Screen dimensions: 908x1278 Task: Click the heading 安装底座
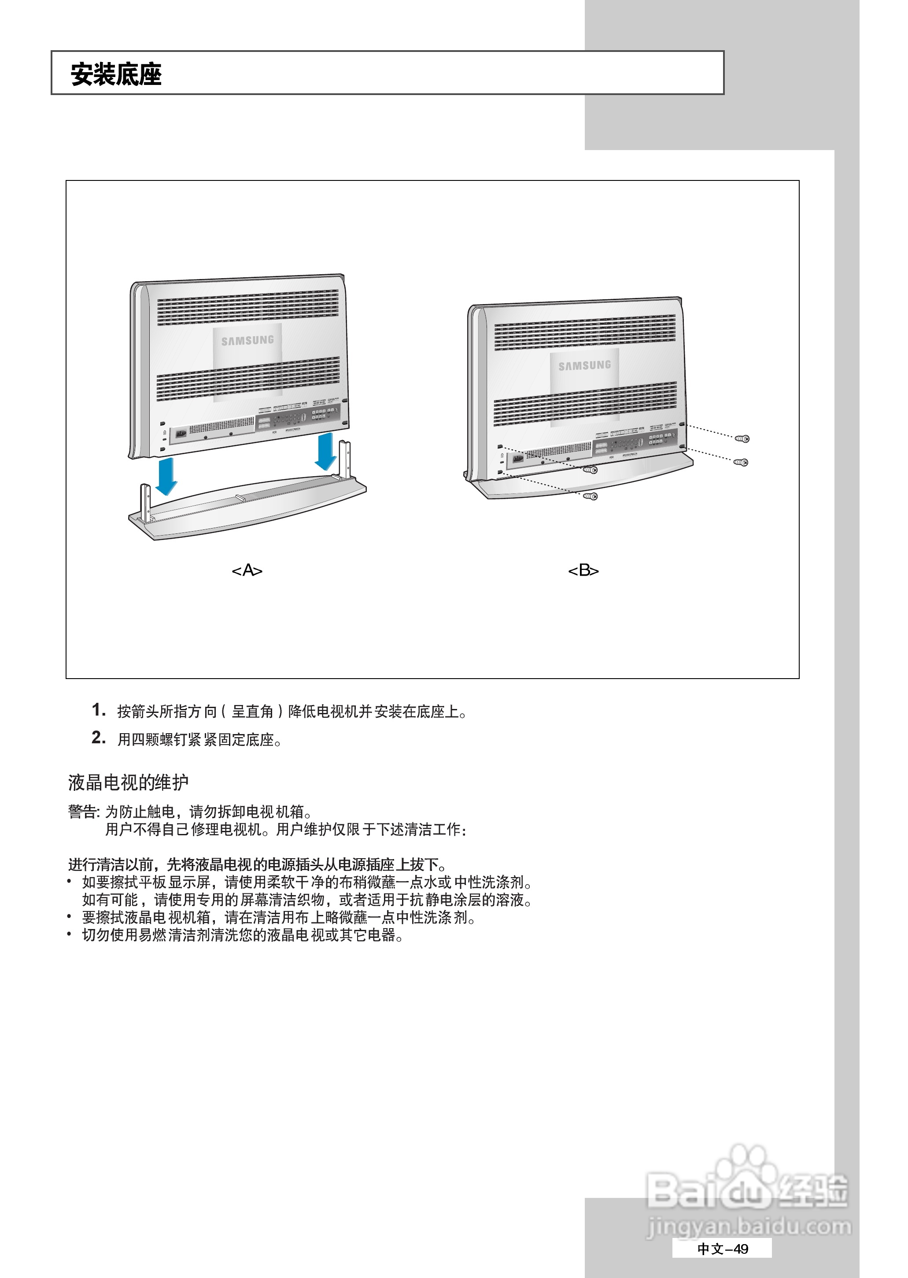[x=116, y=74]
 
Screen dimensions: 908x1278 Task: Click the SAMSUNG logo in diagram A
[x=247, y=340]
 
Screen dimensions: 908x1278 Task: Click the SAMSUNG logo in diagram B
[x=584, y=365]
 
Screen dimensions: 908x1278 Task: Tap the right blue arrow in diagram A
[x=325, y=451]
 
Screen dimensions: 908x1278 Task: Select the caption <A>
[x=247, y=570]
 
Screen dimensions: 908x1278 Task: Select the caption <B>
[x=583, y=570]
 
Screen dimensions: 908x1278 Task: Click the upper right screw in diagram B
[x=742, y=439]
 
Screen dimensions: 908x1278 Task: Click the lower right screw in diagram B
[x=742, y=462]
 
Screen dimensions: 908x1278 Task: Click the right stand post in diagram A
[x=344, y=458]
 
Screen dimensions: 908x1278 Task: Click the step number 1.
[x=98, y=710]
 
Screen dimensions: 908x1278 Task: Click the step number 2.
[x=98, y=738]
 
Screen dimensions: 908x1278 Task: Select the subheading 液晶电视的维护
[x=128, y=783]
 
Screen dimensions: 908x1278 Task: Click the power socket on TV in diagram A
[x=181, y=433]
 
